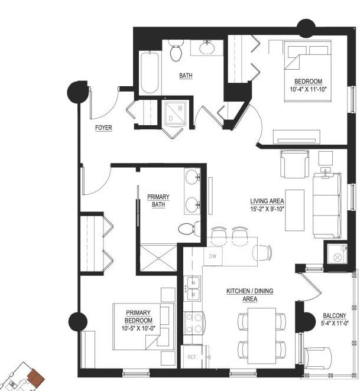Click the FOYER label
point(103,128)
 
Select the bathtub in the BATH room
point(150,72)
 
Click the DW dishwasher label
point(212,256)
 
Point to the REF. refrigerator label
point(193,357)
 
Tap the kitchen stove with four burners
point(194,323)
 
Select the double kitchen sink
point(192,288)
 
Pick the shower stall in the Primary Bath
point(158,258)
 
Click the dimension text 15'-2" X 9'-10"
point(267,209)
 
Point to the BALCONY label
point(335,315)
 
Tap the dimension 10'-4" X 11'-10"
point(309,89)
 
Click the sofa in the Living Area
point(327,205)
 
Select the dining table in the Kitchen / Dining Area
point(262,336)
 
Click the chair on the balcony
point(318,359)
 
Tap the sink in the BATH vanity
point(206,47)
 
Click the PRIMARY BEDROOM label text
point(138,316)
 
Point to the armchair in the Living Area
point(294,164)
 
